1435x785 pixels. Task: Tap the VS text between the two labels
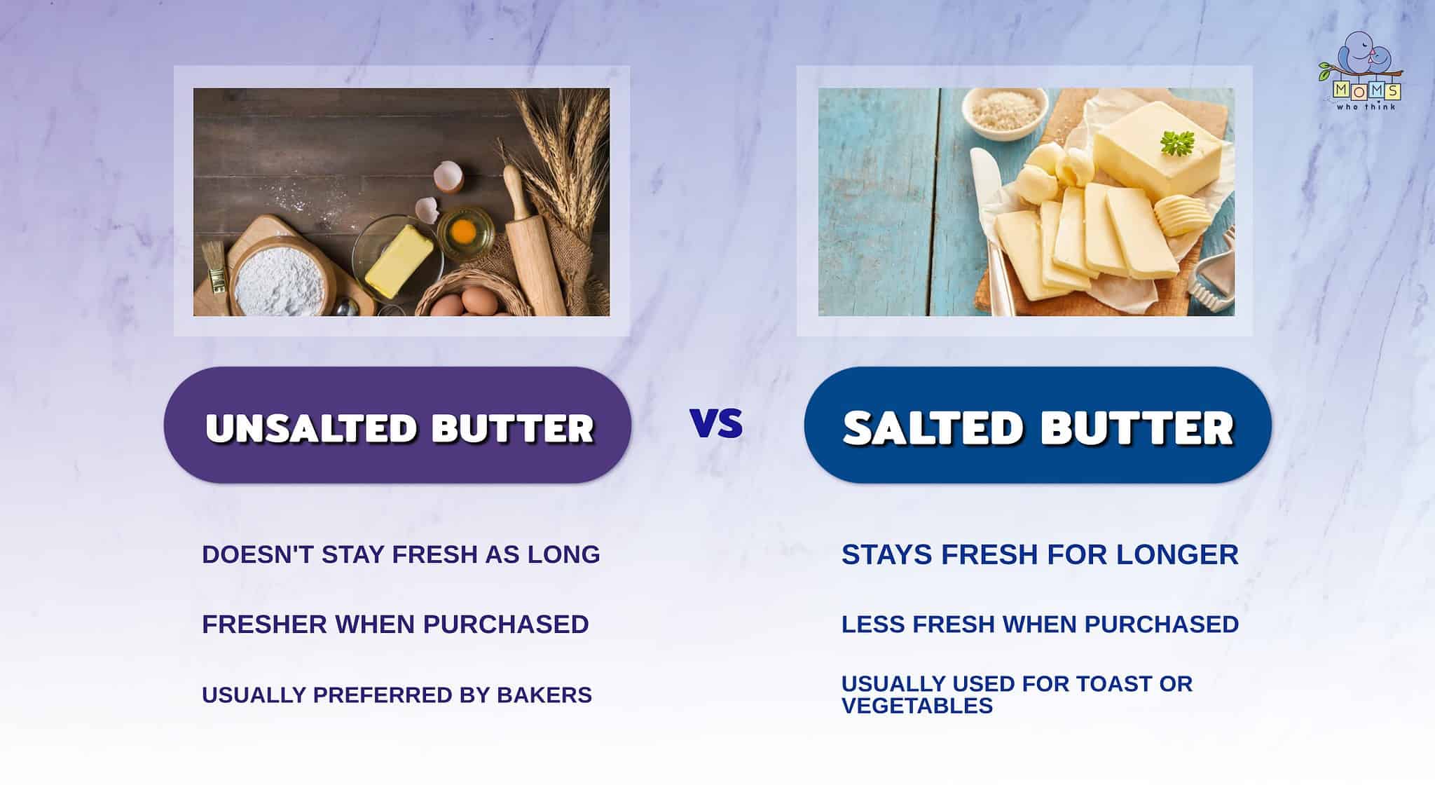coord(716,423)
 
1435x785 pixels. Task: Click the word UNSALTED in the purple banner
coord(312,428)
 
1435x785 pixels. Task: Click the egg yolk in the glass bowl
coord(465,230)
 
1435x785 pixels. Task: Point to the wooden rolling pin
coord(533,238)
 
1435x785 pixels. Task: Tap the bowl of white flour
coord(279,284)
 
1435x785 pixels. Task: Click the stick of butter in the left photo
coord(398,259)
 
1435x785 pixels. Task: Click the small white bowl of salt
coord(1003,111)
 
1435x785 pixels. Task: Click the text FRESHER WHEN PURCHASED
coord(395,624)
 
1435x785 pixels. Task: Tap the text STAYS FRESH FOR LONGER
coord(1040,554)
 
